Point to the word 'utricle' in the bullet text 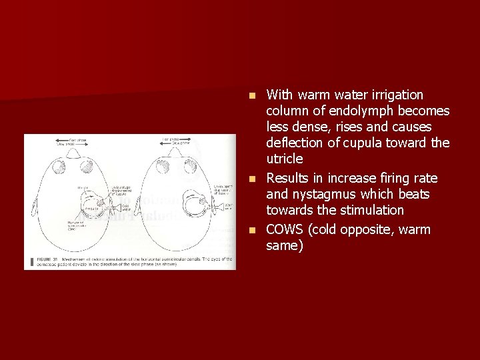284,159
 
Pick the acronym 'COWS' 285,230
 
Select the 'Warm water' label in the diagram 229,207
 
